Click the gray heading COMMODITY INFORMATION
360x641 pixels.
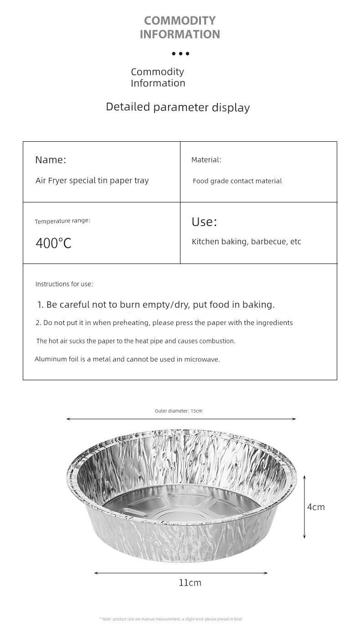coord(180,27)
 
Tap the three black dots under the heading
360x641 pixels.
coord(180,54)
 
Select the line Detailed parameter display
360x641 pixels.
coord(178,107)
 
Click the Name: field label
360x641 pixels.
coord(51,160)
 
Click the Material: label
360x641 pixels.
coord(206,160)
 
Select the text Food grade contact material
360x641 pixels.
coord(237,181)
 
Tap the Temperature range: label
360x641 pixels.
coord(62,221)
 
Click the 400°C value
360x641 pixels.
coord(53,243)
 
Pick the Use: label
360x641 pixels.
coord(204,222)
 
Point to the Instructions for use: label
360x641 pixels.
coord(64,284)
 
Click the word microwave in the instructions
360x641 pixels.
coord(202,359)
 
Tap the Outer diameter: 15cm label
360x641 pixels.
coord(178,411)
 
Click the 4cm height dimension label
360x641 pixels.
coord(316,507)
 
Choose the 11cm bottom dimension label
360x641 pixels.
coord(190,583)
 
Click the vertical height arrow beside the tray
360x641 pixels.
coord(304,507)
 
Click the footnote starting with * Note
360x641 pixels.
coord(170,619)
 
